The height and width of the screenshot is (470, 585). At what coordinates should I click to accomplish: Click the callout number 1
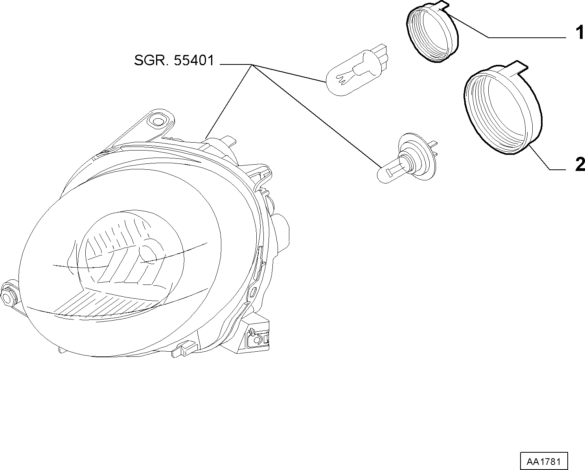(x=579, y=32)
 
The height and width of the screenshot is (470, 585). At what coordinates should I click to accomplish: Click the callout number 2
(x=580, y=164)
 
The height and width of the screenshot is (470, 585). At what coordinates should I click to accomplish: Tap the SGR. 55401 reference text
(x=174, y=61)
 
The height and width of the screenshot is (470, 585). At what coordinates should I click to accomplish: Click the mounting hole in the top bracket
(x=157, y=121)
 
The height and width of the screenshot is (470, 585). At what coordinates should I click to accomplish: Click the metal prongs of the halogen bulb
(x=434, y=149)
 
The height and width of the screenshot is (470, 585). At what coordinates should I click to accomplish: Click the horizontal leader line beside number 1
(x=527, y=37)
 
